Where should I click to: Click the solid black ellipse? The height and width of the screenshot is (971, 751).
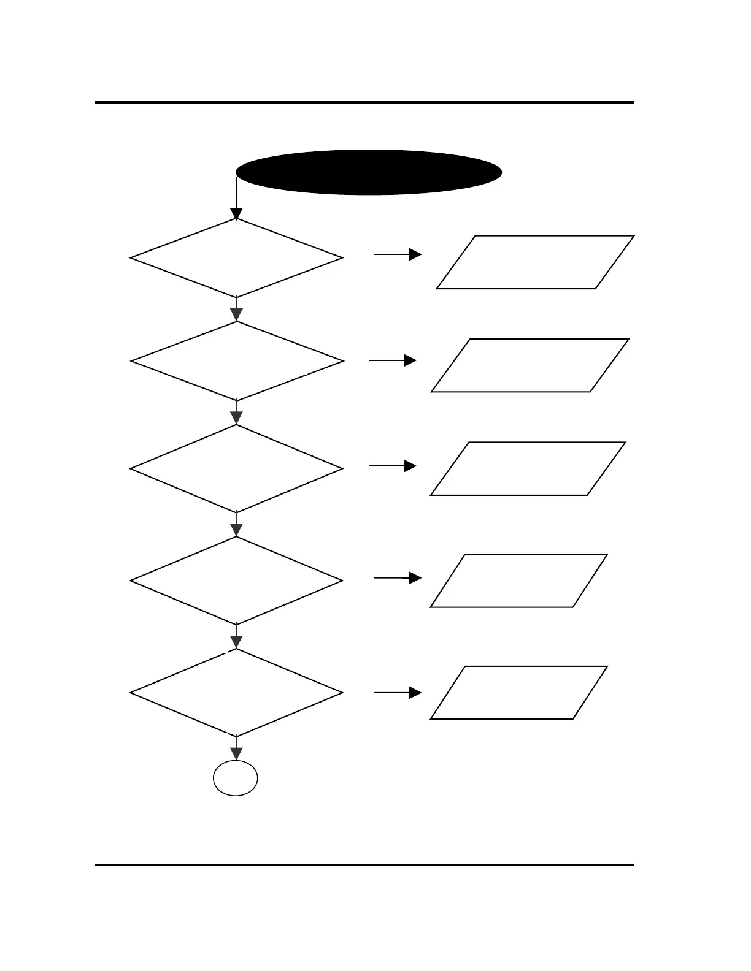click(x=369, y=172)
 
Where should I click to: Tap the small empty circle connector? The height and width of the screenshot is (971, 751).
click(x=236, y=778)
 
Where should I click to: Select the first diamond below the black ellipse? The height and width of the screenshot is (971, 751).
click(x=236, y=258)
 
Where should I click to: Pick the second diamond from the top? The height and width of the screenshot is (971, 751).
click(x=237, y=361)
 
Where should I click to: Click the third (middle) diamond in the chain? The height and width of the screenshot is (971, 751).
click(x=236, y=468)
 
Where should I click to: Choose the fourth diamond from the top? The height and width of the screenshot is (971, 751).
click(x=236, y=581)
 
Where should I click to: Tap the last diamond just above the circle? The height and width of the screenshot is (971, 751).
click(x=236, y=693)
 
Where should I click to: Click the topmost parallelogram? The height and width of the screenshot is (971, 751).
click(x=535, y=262)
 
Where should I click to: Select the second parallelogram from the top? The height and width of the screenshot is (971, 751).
click(x=530, y=365)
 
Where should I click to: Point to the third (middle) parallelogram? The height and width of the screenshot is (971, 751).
click(x=528, y=468)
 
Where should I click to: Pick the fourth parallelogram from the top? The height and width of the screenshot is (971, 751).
click(x=519, y=581)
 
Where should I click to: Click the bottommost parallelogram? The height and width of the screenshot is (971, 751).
click(x=519, y=692)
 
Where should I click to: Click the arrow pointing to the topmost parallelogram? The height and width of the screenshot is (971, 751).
click(x=398, y=254)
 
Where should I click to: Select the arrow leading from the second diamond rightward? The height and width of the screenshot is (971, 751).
click(x=393, y=360)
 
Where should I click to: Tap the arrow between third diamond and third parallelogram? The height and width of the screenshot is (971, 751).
click(x=393, y=466)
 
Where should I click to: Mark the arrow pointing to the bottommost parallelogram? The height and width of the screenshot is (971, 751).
click(x=398, y=693)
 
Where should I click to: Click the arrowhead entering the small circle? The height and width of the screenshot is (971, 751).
click(x=236, y=753)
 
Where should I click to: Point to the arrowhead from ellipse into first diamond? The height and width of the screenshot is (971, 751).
click(x=236, y=214)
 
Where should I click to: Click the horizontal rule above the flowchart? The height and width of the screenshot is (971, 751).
click(x=364, y=102)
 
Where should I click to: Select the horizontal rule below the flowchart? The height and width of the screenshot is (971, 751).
click(x=364, y=865)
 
